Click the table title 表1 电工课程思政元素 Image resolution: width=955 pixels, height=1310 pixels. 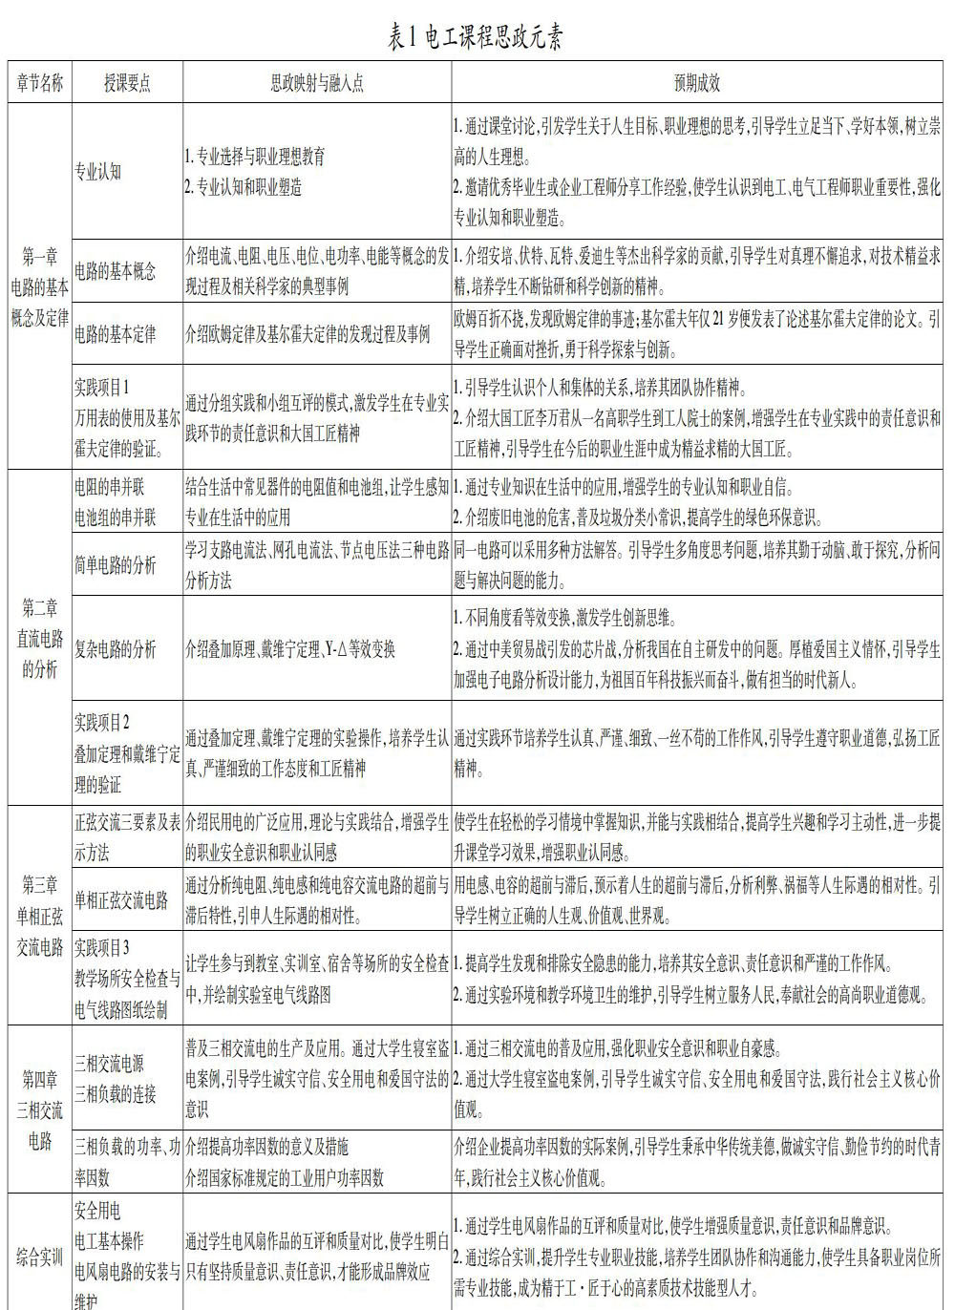[x=476, y=37]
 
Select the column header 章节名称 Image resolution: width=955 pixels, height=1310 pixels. [x=39, y=83]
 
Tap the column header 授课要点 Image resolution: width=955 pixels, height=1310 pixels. [x=127, y=83]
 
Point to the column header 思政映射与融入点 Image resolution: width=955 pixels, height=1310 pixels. [x=317, y=83]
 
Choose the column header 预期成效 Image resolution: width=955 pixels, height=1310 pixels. [x=697, y=83]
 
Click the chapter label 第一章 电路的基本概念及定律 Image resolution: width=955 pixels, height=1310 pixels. [x=39, y=286]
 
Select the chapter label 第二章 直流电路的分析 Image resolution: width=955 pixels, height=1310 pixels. [x=39, y=638]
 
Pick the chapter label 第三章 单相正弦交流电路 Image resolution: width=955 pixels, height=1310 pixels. [x=39, y=916]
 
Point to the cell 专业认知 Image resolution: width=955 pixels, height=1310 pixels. [x=98, y=172]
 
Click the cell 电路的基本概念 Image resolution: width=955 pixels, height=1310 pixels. [x=115, y=271]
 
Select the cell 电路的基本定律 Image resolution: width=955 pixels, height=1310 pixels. [x=115, y=334]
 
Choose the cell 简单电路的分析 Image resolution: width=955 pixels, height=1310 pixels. [x=115, y=565]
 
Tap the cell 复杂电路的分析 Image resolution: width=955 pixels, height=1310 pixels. [x=115, y=649]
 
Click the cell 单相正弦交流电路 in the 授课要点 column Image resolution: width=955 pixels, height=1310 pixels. [x=121, y=899]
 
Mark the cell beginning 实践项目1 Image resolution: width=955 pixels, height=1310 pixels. [x=127, y=417]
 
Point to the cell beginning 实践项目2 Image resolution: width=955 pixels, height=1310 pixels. [x=127, y=753]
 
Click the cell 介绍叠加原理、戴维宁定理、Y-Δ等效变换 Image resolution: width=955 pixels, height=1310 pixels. [x=290, y=649]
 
